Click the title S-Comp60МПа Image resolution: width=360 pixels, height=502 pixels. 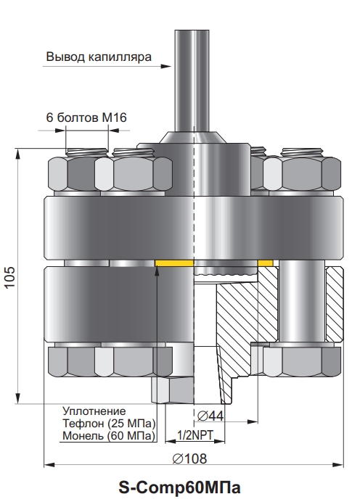pyautogui.click(x=179, y=488)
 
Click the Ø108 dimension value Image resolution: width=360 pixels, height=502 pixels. pyautogui.click(x=189, y=458)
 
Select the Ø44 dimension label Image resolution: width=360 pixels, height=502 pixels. pyautogui.click(x=210, y=416)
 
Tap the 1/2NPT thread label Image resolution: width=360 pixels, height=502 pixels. pyautogui.click(x=195, y=435)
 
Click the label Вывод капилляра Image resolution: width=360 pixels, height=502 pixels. pyautogui.click(x=99, y=57)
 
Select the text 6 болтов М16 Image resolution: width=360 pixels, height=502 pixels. pyautogui.click(x=86, y=118)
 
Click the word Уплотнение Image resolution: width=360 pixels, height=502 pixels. pyautogui.click(x=94, y=411)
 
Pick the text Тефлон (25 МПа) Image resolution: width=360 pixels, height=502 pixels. pyautogui.click(x=109, y=423)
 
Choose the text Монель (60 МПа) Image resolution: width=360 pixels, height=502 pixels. pyautogui.click(x=109, y=436)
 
